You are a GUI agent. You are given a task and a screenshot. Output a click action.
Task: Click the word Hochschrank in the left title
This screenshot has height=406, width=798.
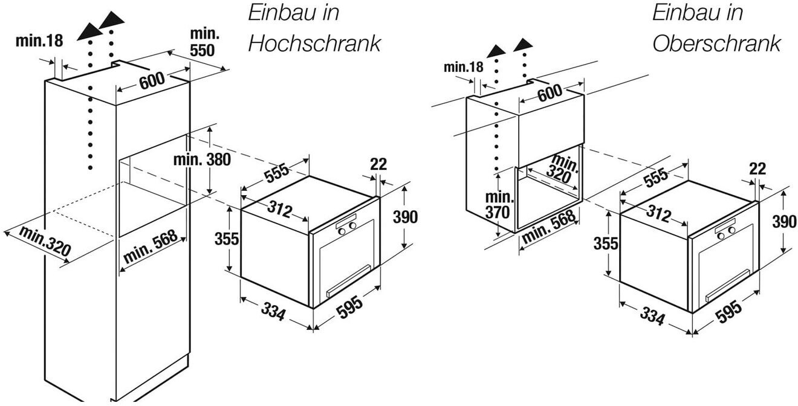(x=314, y=43)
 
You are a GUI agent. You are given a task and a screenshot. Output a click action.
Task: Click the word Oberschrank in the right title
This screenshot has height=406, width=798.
(x=717, y=43)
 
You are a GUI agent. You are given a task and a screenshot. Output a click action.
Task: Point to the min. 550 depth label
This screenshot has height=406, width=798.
(x=202, y=42)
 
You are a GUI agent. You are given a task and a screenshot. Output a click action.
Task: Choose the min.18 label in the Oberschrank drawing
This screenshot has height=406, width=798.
(x=463, y=67)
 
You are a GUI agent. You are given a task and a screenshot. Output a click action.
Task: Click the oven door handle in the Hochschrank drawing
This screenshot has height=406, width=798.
(x=348, y=281)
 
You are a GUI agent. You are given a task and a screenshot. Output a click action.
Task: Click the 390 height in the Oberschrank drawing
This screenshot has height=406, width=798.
(x=784, y=222)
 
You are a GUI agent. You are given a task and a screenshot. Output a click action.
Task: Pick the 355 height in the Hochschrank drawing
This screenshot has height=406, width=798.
(x=227, y=239)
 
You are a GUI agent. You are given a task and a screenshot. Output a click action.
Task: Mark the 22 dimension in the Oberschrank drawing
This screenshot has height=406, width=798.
(x=757, y=169)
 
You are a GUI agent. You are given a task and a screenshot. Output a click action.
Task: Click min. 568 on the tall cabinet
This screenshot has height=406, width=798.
(x=151, y=246)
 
